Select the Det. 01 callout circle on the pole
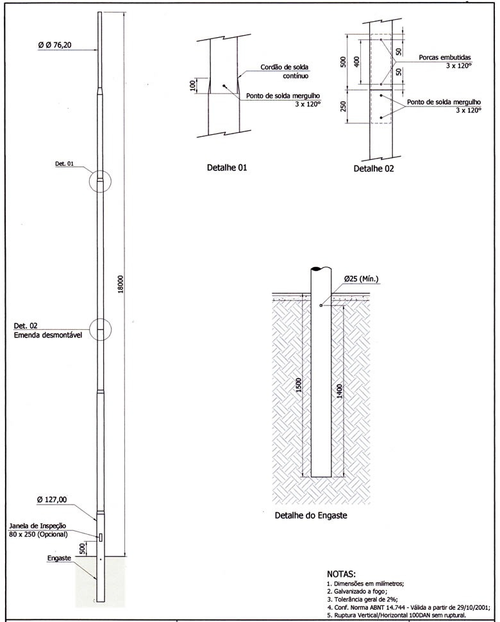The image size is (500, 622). (x=99, y=181)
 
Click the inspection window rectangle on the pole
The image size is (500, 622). (x=100, y=536)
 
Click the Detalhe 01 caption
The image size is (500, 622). (x=224, y=168)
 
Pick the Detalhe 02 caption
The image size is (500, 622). (x=374, y=169)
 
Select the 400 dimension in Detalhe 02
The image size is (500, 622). (x=357, y=62)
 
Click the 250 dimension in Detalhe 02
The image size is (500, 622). (x=343, y=105)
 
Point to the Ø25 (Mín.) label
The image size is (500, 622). (x=362, y=279)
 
